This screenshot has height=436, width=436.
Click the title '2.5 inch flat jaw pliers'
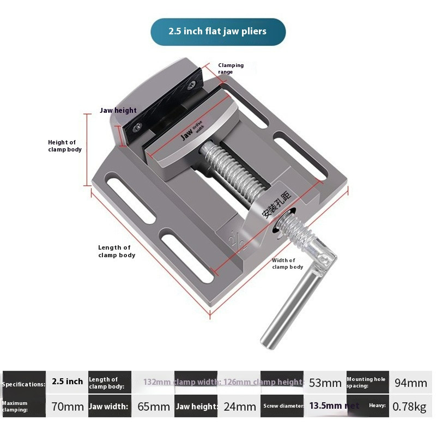tap(217, 31)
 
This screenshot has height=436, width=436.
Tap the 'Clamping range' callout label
tap(231, 68)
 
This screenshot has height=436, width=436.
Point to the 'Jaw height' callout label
tap(118, 110)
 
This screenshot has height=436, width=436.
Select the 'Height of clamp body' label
tap(65, 146)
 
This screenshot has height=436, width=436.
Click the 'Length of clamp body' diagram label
tap(116, 251)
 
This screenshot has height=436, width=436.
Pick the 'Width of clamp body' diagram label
tap(287, 264)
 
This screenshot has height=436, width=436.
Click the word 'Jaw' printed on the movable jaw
tap(187, 134)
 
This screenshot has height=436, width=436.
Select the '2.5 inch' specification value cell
tap(67, 381)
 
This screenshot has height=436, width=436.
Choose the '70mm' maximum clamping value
tap(67, 406)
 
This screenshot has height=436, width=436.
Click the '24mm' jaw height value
tap(239, 406)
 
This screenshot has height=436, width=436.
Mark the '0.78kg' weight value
tap(411, 406)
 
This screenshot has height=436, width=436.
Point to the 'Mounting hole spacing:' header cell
tap(366, 382)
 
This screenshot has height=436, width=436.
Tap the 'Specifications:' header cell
tap(23, 384)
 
